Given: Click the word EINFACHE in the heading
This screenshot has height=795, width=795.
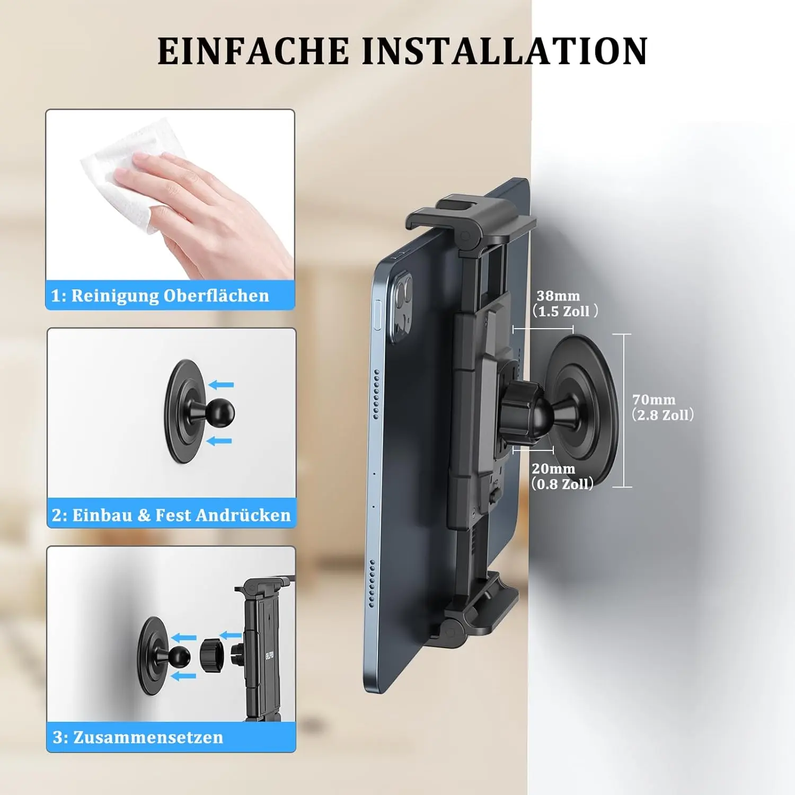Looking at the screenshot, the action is pyautogui.click(x=253, y=51).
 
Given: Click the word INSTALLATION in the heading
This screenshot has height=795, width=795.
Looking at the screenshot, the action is pyautogui.click(x=505, y=51).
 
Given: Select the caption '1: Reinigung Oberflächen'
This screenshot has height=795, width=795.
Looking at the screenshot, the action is pyautogui.click(x=160, y=295).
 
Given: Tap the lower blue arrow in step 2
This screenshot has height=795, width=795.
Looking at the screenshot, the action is pyautogui.click(x=219, y=440).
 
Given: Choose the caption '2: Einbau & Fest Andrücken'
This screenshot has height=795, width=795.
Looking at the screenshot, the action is pyautogui.click(x=171, y=515).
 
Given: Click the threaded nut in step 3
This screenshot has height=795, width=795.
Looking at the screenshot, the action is pyautogui.click(x=212, y=655).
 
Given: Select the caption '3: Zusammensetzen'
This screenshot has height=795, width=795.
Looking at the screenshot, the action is pyautogui.click(x=138, y=737).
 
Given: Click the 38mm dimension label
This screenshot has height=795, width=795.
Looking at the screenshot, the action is pyautogui.click(x=565, y=303).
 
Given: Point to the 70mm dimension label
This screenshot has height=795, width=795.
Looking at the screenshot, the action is pyautogui.click(x=662, y=407).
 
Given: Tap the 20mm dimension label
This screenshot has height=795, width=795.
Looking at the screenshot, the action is pyautogui.click(x=562, y=476).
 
